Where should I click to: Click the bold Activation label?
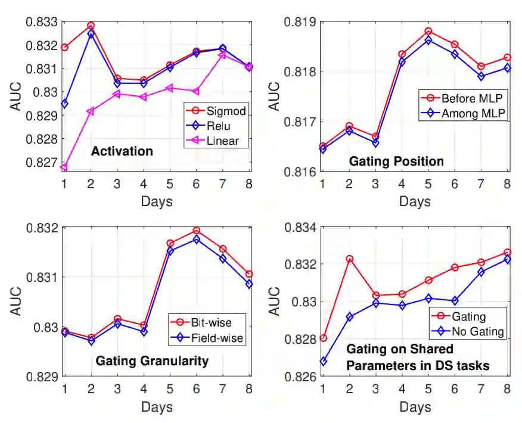tap(122, 151)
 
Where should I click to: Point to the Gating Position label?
tap(396, 161)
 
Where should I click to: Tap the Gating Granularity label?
tap(152, 360)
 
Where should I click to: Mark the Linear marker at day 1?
tap(64, 167)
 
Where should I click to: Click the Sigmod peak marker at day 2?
tap(91, 26)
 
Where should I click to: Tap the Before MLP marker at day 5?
tap(428, 31)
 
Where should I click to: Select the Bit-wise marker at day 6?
tap(197, 230)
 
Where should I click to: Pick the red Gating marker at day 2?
tap(350, 259)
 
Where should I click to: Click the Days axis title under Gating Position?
tap(415, 201)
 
